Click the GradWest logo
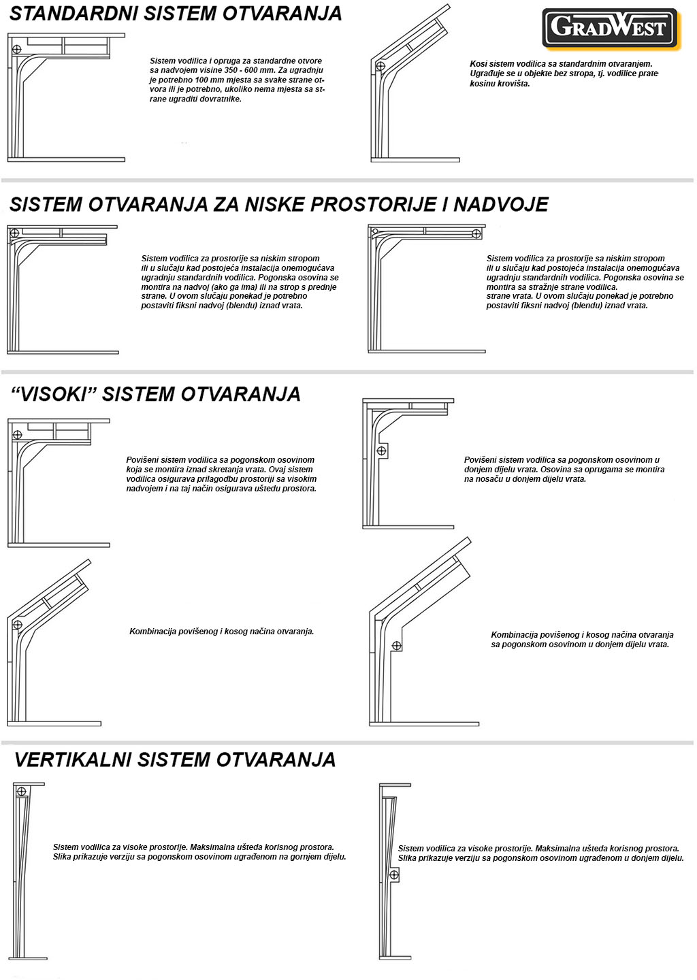pyautogui.click(x=611, y=28)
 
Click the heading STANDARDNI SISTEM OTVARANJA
pyautogui.click(x=176, y=14)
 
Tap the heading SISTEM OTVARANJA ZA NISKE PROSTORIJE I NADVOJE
pyautogui.click(x=278, y=204)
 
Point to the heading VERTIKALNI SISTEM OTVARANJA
pyautogui.click(x=175, y=759)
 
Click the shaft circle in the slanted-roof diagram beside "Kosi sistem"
pyautogui.click(x=380, y=65)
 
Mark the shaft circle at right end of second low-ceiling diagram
pyautogui.click(x=476, y=234)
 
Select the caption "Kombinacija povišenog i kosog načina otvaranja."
pyautogui.click(x=221, y=632)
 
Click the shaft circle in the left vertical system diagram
pyautogui.click(x=22, y=791)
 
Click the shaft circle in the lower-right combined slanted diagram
pyautogui.click(x=397, y=644)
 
